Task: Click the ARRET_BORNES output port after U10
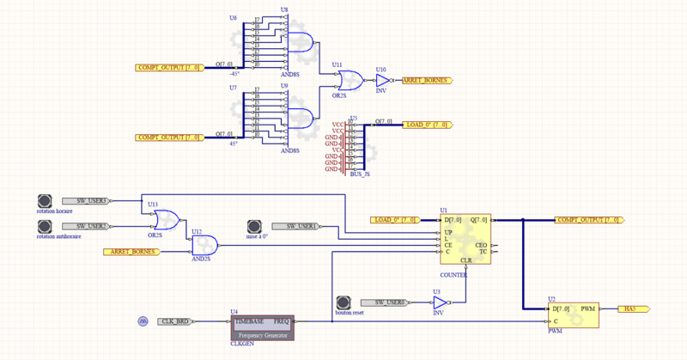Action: pyautogui.click(x=426, y=80)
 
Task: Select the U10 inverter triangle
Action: pyautogui.click(x=382, y=80)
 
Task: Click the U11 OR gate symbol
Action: pyautogui.click(x=350, y=82)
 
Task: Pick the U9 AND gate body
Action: pyautogui.click(x=300, y=118)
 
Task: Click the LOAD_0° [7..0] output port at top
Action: pyautogui.click(x=427, y=125)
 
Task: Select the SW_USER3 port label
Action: pyautogui.click(x=92, y=200)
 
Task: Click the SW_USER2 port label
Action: pyautogui.click(x=92, y=226)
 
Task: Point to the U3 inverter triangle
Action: pyautogui.click(x=440, y=302)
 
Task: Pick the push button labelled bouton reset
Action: pyautogui.click(x=343, y=302)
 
